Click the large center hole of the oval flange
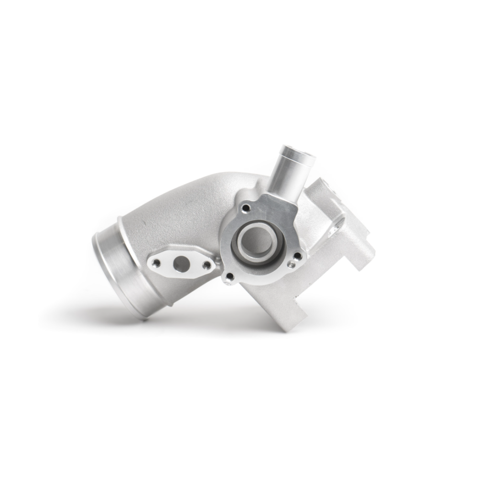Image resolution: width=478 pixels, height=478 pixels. pyautogui.click(x=181, y=264)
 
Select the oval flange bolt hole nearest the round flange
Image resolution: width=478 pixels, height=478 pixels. pyautogui.click(x=206, y=264)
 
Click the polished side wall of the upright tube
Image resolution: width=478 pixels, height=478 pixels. pyautogui.click(x=287, y=177)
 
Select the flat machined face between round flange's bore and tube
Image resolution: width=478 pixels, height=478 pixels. pyautogui.click(x=268, y=210)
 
